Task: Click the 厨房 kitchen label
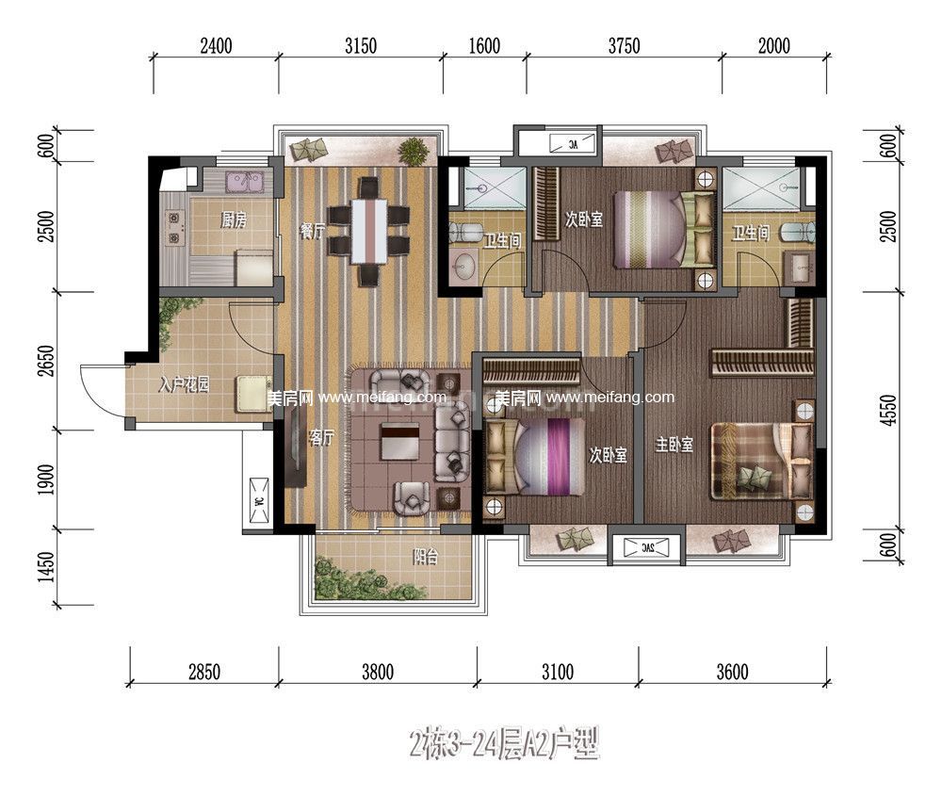tap(234, 220)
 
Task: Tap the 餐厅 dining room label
tap(313, 231)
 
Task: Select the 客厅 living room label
tap(321, 438)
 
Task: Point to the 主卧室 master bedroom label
tap(674, 445)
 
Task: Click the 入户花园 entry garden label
tap(185, 384)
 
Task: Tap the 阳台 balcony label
tap(426, 557)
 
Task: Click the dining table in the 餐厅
tap(369, 231)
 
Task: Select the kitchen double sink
tap(244, 182)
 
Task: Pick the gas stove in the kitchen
tap(175, 228)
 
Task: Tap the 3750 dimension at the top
tap(625, 45)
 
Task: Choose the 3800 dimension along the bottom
tap(378, 672)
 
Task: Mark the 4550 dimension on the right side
tap(890, 411)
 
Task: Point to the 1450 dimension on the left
tap(46, 567)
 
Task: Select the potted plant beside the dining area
tap(413, 151)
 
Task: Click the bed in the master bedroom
tap(761, 461)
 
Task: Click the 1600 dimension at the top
tap(484, 45)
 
